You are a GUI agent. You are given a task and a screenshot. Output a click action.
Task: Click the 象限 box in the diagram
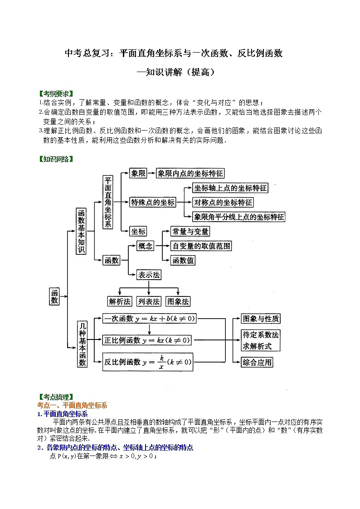(x=138, y=173)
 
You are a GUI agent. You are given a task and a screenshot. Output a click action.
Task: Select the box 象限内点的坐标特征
(x=190, y=173)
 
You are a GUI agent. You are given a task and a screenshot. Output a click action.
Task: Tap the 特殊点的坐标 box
(x=152, y=202)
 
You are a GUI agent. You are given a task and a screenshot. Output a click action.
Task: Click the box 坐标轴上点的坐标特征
(x=230, y=188)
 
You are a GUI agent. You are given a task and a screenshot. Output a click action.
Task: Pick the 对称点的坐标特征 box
(x=223, y=202)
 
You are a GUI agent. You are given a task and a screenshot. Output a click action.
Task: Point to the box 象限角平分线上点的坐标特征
(x=239, y=217)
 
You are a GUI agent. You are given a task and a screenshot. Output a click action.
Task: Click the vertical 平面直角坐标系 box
(x=108, y=203)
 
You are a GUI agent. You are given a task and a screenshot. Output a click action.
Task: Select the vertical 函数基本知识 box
(x=81, y=231)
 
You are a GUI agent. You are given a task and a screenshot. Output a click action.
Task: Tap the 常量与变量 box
(x=190, y=232)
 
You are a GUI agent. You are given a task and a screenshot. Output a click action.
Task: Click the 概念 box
(x=146, y=246)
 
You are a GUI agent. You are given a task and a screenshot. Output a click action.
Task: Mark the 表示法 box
(x=149, y=275)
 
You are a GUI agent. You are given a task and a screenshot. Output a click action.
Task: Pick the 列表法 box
(x=149, y=301)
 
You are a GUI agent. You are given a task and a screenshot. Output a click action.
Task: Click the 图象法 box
(x=178, y=301)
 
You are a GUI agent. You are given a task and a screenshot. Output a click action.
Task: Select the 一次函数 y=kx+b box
(x=149, y=319)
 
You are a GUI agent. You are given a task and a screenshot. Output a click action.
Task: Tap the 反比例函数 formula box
(x=147, y=362)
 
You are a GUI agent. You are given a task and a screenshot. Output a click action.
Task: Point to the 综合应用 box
(x=257, y=362)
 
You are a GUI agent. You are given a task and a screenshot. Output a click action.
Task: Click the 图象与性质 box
(x=261, y=319)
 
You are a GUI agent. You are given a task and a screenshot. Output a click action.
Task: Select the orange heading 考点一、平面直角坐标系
(x=72, y=405)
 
